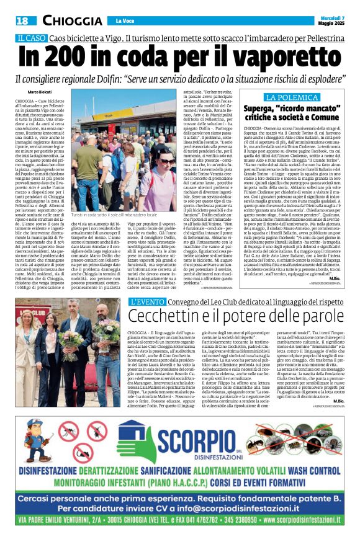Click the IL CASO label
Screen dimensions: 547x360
[34, 38]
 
